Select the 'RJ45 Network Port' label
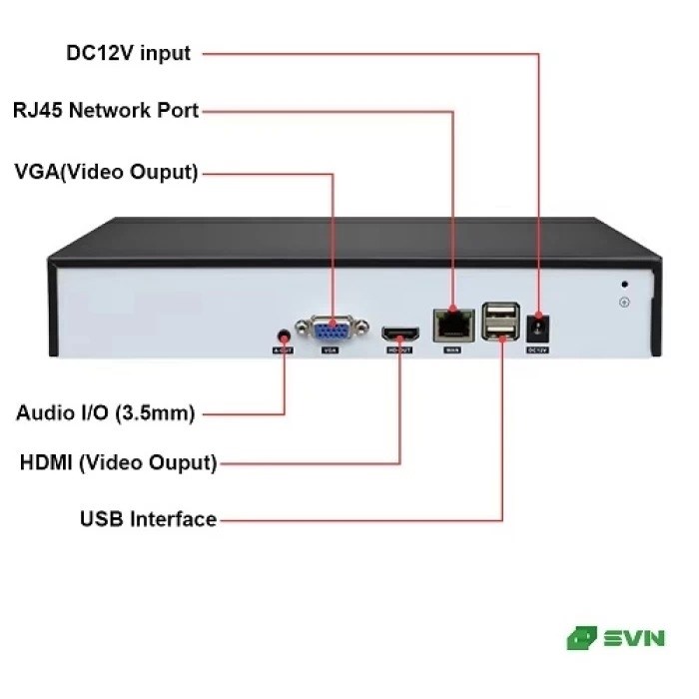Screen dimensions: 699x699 coord(106,110)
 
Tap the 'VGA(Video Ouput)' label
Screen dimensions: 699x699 coord(106,171)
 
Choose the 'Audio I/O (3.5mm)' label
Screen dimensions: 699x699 coord(106,412)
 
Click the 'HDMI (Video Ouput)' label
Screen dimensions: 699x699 coord(118,463)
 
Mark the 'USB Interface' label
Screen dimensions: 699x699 coord(148,519)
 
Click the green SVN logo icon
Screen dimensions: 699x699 coord(581,638)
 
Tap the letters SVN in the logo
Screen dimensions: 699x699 coord(634,638)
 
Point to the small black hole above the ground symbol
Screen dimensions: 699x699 coord(625,284)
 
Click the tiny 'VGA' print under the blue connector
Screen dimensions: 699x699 coord(330,351)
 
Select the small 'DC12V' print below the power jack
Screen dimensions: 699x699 coord(538,349)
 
